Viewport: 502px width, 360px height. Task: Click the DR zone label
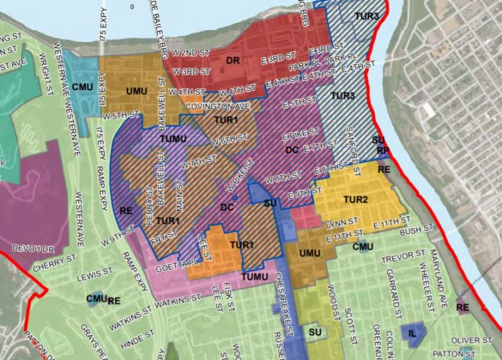point(233,61)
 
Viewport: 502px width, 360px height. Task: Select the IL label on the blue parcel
point(412,333)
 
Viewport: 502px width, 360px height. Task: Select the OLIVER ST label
point(473,340)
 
